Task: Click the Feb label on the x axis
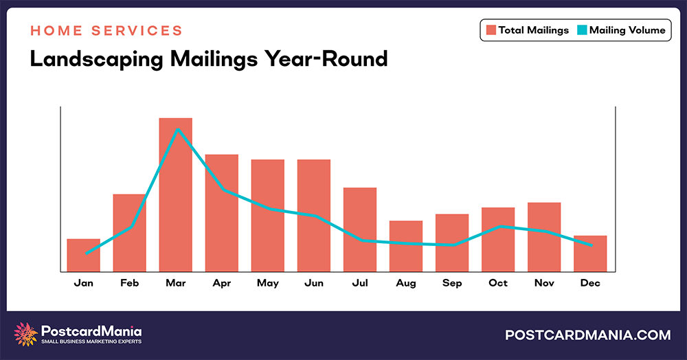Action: coord(129,283)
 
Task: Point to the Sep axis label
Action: coord(452,283)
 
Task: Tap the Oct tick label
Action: coord(498,283)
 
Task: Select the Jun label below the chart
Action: coord(313,283)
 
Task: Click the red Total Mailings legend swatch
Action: coord(491,30)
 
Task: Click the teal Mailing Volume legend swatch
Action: coord(582,30)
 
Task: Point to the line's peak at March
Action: coord(178,128)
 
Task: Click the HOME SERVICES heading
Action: coord(106,31)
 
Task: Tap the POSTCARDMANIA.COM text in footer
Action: coord(587,335)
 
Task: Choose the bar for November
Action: coord(544,236)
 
